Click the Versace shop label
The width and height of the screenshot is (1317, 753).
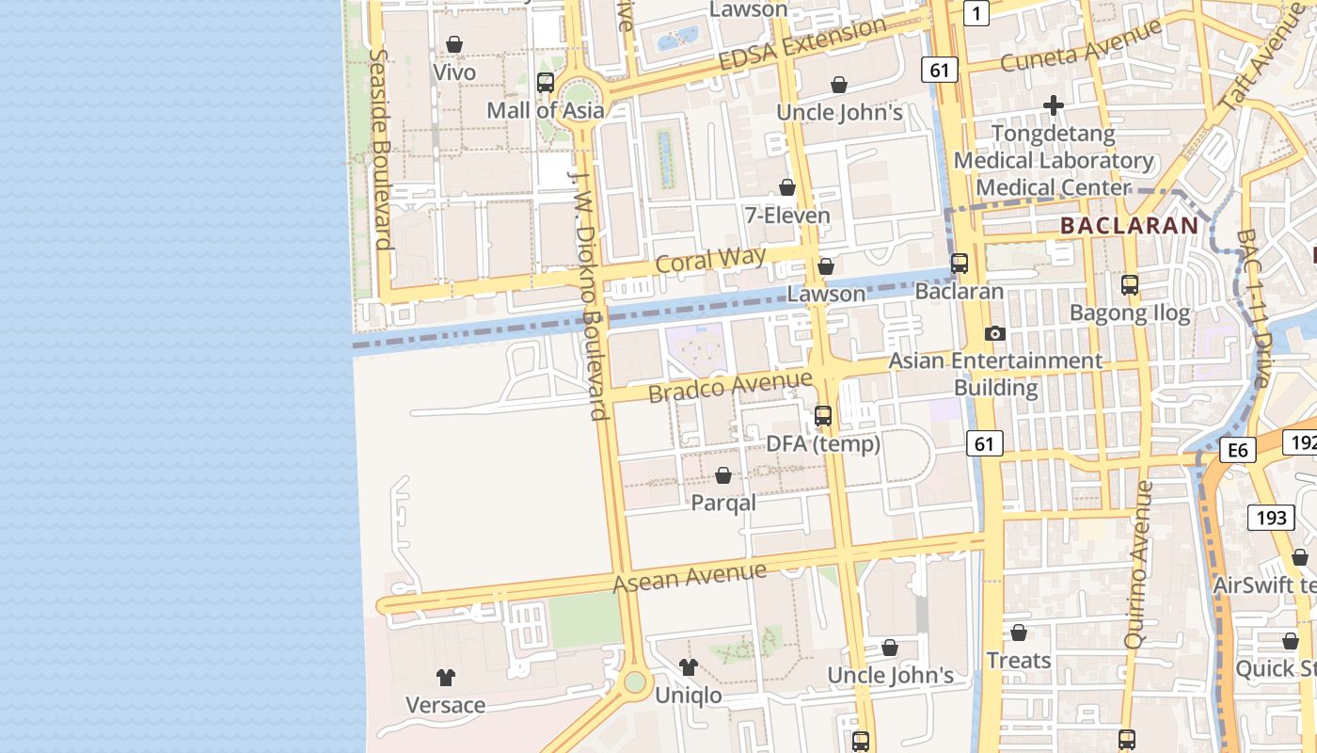pyautogui.click(x=445, y=705)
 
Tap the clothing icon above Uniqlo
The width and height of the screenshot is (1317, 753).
pyautogui.click(x=689, y=667)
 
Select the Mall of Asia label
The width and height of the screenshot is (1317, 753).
pyautogui.click(x=545, y=110)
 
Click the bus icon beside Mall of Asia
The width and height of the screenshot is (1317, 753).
pyautogui.click(x=546, y=83)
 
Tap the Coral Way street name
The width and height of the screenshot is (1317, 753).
pyautogui.click(x=711, y=260)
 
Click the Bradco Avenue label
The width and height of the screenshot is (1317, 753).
pyautogui.click(x=730, y=386)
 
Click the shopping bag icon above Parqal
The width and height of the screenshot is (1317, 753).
pyautogui.click(x=723, y=476)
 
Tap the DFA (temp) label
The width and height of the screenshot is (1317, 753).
pyautogui.click(x=823, y=443)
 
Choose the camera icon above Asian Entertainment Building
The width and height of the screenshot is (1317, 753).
pyautogui.click(x=994, y=334)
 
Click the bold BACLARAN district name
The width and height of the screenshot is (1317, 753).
pyautogui.click(x=1129, y=226)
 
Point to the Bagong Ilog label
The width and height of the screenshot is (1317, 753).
pyautogui.click(x=1130, y=312)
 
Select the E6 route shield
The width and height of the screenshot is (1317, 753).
pyautogui.click(x=1238, y=451)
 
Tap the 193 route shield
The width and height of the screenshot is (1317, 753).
pyautogui.click(x=1270, y=517)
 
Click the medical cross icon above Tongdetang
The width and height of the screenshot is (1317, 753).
pyautogui.click(x=1054, y=105)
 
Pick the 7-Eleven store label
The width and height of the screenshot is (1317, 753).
pyautogui.click(x=787, y=216)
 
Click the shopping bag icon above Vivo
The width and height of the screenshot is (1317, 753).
pyautogui.click(x=454, y=44)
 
